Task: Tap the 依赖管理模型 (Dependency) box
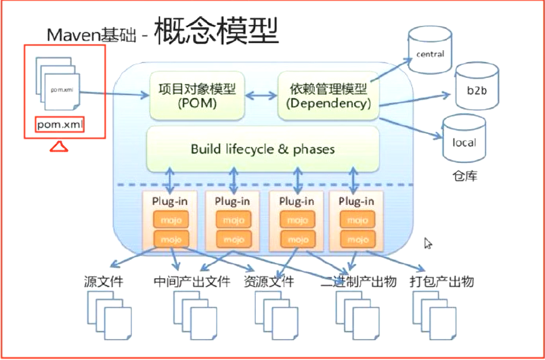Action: pyautogui.click(x=328, y=97)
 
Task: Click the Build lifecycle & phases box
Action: pyautogui.click(x=263, y=149)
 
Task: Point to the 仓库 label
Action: pyautogui.click(x=464, y=177)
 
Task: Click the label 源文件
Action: pyautogui.click(x=103, y=282)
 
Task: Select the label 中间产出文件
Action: pyautogui.click(x=191, y=282)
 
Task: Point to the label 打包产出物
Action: pyautogui.click(x=441, y=282)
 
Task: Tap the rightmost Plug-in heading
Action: pyautogui.click(x=356, y=202)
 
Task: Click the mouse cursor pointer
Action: pyautogui.click(x=428, y=243)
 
